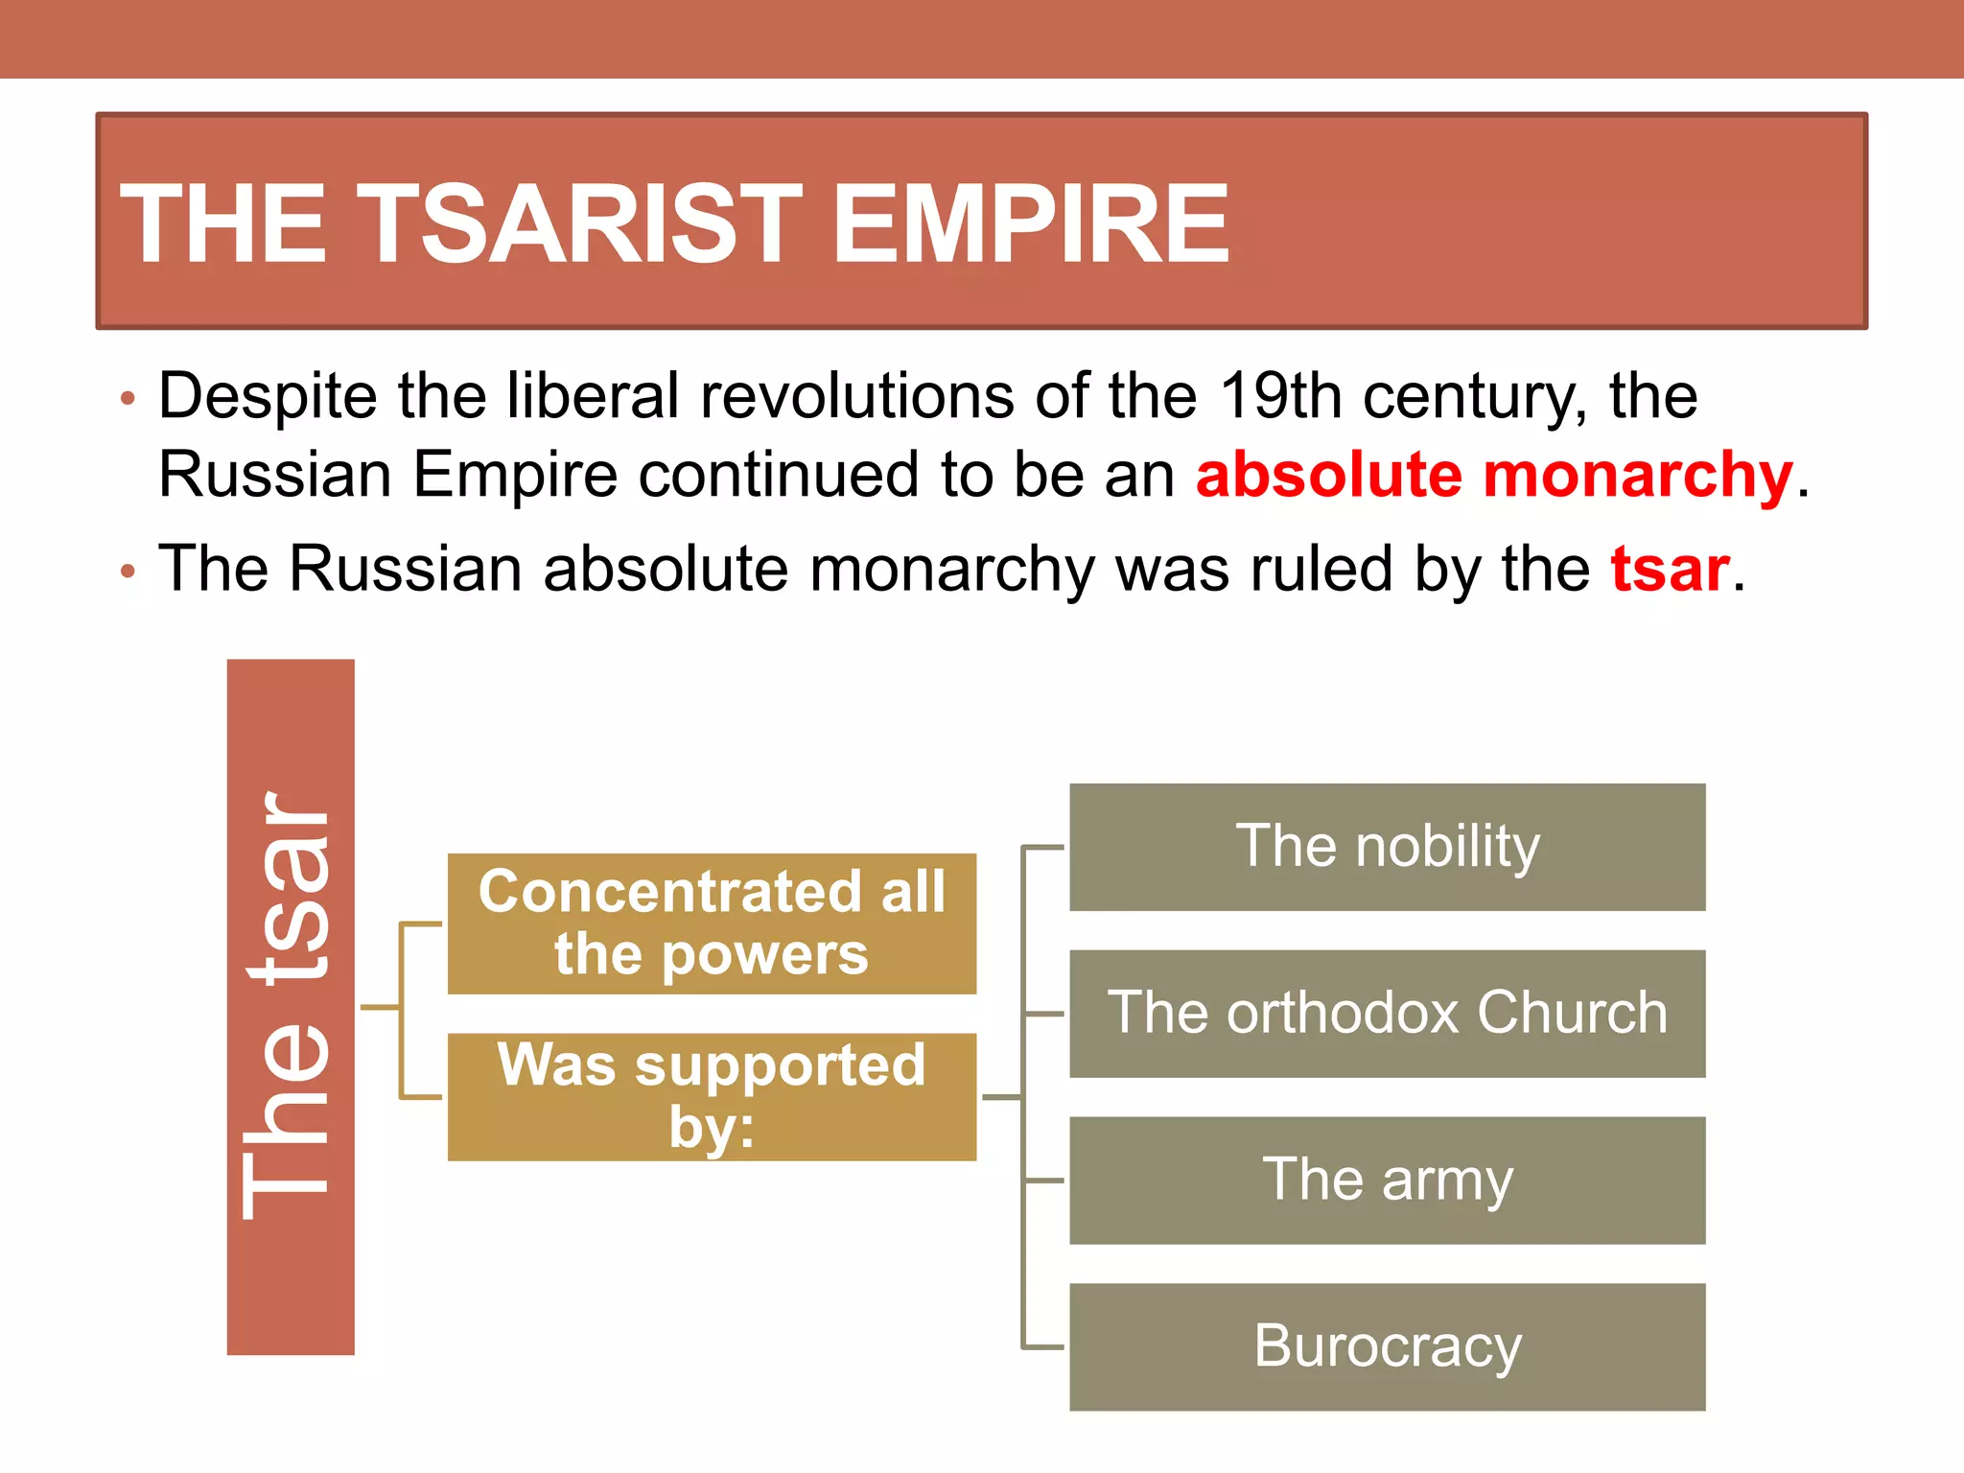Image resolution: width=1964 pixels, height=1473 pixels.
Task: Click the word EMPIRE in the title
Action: [x=1030, y=224]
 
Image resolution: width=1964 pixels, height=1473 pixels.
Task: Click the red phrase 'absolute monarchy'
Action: [x=1493, y=475]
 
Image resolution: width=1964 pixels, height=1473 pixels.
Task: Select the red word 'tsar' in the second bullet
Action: [x=1670, y=569]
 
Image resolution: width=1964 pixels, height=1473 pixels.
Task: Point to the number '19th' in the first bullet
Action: [x=1280, y=395]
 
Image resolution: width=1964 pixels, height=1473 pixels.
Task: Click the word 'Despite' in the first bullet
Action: [x=268, y=397]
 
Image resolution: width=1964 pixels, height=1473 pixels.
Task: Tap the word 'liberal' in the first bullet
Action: [x=593, y=395]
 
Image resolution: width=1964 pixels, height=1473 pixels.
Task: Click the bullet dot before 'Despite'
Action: [x=129, y=398]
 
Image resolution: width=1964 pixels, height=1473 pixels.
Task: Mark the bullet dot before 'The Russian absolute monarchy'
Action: [x=129, y=573]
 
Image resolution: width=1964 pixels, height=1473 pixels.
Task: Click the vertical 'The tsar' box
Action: [x=291, y=1007]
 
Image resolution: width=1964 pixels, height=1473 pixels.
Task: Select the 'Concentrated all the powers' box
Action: [x=712, y=923]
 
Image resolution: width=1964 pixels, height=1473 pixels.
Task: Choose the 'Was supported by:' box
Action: [x=712, y=1096]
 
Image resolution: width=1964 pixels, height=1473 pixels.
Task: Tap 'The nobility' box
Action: [x=1387, y=847]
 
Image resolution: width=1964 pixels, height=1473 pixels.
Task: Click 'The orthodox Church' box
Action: [x=1387, y=1014]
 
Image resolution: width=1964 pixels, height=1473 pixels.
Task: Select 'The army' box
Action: [x=1387, y=1181]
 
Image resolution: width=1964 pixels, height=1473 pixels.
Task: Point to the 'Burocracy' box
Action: [x=1387, y=1346]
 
